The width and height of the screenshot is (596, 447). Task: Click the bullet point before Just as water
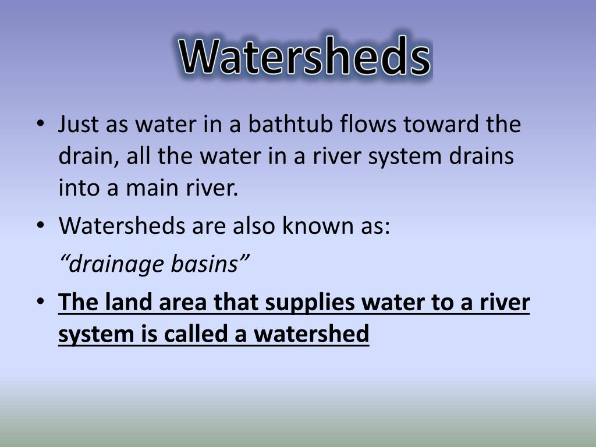[x=40, y=125]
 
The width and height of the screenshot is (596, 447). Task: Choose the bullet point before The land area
[x=40, y=303]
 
